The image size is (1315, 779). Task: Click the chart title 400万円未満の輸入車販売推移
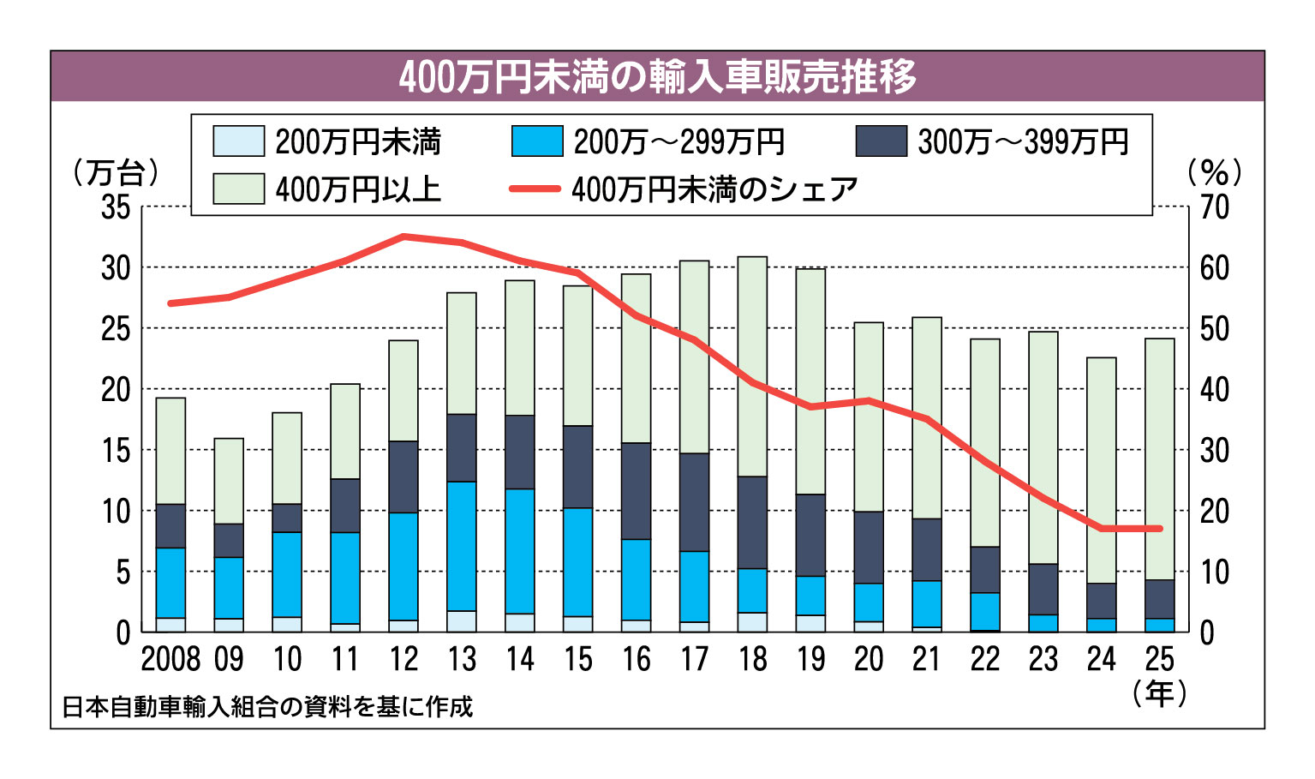[657, 77]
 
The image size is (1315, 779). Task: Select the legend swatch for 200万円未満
[238, 141]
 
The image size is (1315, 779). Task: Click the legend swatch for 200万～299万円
[537, 141]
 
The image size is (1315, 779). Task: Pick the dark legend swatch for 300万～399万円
[881, 141]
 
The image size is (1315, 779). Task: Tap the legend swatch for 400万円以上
[238, 189]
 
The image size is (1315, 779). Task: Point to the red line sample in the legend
[535, 189]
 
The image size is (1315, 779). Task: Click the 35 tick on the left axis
[116, 207]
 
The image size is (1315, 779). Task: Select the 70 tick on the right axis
[1214, 207]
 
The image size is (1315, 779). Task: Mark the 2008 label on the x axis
[170, 659]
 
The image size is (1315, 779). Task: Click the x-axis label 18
[752, 659]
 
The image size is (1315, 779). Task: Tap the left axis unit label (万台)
[117, 172]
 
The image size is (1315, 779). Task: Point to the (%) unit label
[1215, 172]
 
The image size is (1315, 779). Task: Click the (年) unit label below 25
[1160, 692]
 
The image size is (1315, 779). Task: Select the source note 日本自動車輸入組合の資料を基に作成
[267, 707]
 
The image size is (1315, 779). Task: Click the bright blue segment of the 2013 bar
[462, 546]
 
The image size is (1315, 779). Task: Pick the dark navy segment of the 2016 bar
[637, 491]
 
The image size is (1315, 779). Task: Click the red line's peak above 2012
[403, 236]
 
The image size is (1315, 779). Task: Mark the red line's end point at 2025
[1160, 529]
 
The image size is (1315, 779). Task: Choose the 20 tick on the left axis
[116, 390]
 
